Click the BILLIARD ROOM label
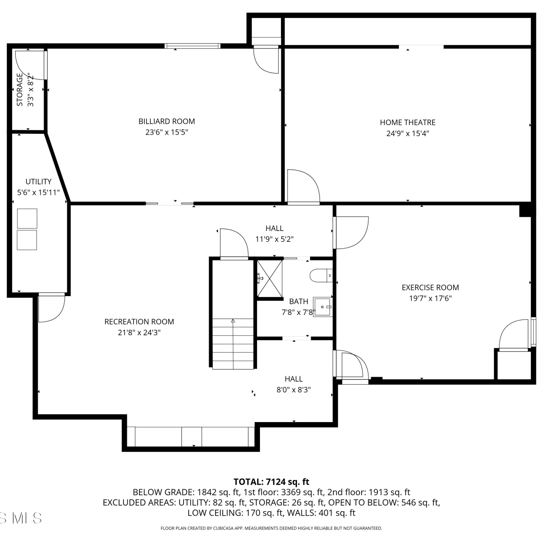[167, 121]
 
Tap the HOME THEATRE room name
[408, 122]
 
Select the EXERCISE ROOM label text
[430, 287]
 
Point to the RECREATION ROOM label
[139, 321]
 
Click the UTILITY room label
[38, 181]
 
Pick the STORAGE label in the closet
[20, 89]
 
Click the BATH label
[299, 301]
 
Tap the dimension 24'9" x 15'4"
[408, 133]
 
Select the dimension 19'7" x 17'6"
[430, 298]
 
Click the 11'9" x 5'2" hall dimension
[274, 239]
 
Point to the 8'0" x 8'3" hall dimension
[294, 390]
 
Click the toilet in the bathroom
[321, 275]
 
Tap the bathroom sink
[323, 307]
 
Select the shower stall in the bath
[270, 278]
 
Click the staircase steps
[233, 344]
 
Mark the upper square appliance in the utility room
[27, 219]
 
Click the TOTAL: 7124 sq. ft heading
[271, 482]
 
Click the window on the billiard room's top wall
[192, 46]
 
